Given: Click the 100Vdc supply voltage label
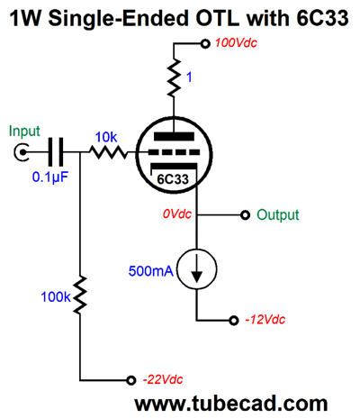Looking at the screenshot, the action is [x=236, y=43].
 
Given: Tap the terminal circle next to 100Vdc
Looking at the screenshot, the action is [x=205, y=44].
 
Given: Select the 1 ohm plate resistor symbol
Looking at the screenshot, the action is [x=174, y=78].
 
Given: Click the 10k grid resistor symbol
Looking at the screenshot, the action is [x=109, y=152].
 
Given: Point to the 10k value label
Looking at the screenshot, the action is [x=106, y=137].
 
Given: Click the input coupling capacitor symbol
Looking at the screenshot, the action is [x=56, y=152].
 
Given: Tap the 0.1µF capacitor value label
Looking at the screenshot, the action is [x=50, y=177].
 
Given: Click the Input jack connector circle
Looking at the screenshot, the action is [x=22, y=152].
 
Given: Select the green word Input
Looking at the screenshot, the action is [x=24, y=132].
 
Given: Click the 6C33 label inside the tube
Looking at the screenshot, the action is [x=173, y=179].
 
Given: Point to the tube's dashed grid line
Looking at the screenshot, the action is [x=174, y=152].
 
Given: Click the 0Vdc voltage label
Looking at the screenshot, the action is [x=177, y=214].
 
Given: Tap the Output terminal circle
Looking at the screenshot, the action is [x=246, y=215].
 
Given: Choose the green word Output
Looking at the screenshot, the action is [x=278, y=215].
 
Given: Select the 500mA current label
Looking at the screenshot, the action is [x=151, y=271].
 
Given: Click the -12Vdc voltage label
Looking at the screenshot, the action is [x=265, y=320].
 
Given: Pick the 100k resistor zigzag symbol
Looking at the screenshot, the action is [x=80, y=295].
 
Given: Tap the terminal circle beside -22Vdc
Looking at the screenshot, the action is [x=130, y=381].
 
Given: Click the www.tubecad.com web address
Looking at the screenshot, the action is [x=231, y=404].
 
